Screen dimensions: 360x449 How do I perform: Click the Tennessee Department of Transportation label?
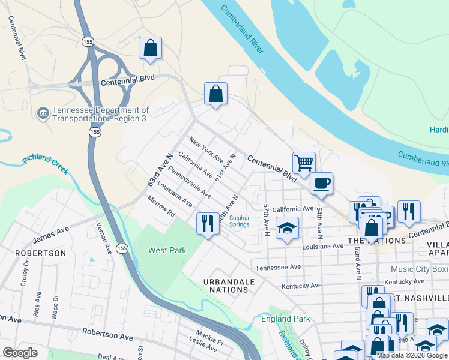tap(100, 114)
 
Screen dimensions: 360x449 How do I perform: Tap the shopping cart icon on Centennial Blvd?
tap(304, 163)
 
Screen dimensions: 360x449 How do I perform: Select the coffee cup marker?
tap(322, 183)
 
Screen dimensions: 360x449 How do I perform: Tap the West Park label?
tap(167, 250)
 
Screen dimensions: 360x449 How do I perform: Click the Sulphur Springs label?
tap(239, 221)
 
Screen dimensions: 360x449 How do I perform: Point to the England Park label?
tap(286, 319)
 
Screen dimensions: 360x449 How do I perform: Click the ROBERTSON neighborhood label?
tap(41, 253)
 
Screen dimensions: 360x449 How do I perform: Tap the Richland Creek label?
tap(46, 160)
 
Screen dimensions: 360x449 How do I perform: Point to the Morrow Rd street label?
tap(161, 207)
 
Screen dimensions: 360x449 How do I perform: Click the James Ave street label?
tap(52, 235)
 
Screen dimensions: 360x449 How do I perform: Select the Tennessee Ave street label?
tap(278, 268)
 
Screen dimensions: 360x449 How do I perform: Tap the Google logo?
tap(20, 353)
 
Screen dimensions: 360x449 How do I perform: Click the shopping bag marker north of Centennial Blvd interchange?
tap(150, 49)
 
